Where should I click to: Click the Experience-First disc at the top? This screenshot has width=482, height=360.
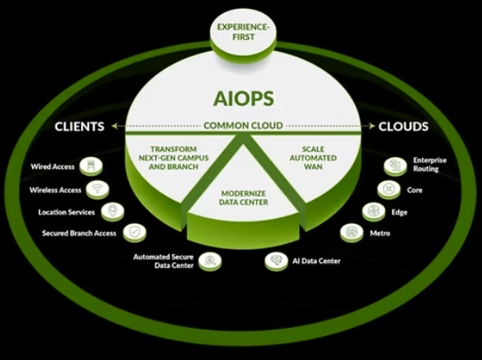[243, 35]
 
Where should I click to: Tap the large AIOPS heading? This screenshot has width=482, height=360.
[244, 99]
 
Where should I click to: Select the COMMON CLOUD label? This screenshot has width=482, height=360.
[243, 125]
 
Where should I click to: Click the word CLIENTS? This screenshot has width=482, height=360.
[79, 126]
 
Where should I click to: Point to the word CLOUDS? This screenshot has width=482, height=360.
[403, 126]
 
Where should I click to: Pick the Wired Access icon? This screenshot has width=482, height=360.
[91, 166]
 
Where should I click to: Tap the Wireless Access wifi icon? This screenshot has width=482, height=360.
[97, 190]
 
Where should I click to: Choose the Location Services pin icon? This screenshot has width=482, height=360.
[113, 212]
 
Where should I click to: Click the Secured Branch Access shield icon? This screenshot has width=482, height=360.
[135, 233]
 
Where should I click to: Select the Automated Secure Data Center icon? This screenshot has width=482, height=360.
[210, 261]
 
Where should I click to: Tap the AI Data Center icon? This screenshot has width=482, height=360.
[276, 261]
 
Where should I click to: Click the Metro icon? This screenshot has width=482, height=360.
[351, 233]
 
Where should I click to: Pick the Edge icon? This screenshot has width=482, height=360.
[373, 212]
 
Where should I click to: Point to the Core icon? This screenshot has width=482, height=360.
[388, 190]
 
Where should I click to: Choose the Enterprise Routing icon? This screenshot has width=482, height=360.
[395, 166]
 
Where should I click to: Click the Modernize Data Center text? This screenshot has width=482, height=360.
[244, 198]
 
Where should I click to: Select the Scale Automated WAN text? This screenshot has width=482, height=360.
[313, 158]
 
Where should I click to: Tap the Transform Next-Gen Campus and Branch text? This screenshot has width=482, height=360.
[174, 158]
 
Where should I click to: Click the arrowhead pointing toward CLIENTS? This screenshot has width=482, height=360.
[115, 126]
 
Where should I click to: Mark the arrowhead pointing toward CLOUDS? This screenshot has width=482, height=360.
[372, 126]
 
